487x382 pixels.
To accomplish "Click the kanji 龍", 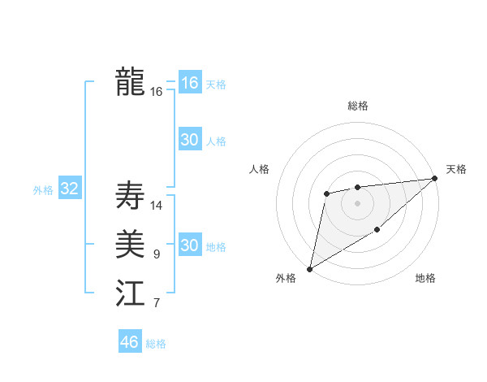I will pos(131,81).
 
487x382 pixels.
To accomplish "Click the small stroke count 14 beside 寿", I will pos(157,206).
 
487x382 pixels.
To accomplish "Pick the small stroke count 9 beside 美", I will pos(157,255).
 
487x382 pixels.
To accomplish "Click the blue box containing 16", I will pos(190,83).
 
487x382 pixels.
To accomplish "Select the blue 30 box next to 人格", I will pos(190,140).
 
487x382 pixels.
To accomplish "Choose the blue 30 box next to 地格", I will pos(190,245).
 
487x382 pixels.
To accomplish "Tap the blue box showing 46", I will pos(130,342).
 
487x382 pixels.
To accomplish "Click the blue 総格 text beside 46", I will pos(156,344).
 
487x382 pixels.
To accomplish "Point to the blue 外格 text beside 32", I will pos(43,190).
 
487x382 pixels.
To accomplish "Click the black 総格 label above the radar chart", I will pos(357,106).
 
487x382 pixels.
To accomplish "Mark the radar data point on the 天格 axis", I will pos(435,178).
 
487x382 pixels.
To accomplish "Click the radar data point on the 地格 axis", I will pos(377,231).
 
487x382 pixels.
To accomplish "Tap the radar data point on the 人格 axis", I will pos(326,193).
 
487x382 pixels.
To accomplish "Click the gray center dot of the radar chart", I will pos(357,202).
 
